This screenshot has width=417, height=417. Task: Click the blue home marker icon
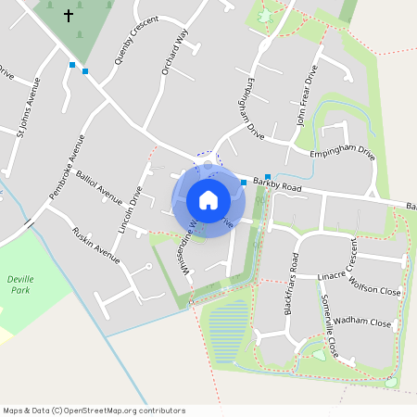click(208, 199)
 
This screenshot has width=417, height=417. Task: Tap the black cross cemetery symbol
click(68, 16)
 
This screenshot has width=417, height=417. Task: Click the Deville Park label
click(19, 284)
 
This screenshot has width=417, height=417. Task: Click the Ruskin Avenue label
click(95, 242)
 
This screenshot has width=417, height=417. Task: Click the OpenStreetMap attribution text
click(94, 410)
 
